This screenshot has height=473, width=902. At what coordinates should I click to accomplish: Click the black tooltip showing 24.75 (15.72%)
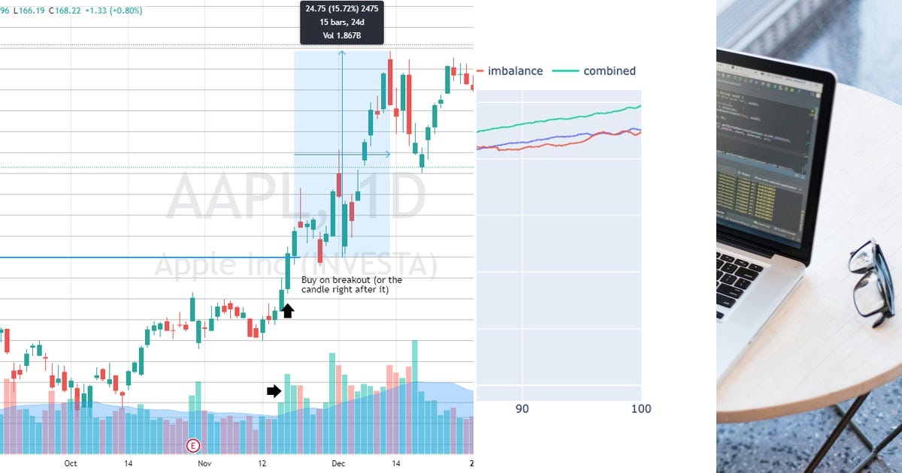coord(342,23)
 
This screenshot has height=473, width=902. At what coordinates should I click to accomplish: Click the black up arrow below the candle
coord(288,310)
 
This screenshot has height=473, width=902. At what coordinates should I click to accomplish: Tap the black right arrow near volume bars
coord(274,390)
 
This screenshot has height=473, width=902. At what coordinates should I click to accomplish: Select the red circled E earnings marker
coord(193,446)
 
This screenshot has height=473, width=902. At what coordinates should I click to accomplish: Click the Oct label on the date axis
coord(70,463)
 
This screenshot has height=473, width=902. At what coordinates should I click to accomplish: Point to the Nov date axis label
coord(204,463)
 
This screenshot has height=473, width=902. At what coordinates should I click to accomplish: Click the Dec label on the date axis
coord(338,463)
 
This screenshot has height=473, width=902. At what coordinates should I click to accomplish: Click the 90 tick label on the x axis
coord(522,408)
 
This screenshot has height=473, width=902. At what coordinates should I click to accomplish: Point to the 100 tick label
coord(640,408)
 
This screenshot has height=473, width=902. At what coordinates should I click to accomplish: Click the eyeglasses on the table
coord(872,282)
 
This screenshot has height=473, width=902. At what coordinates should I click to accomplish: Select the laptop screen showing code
coord(763,150)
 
